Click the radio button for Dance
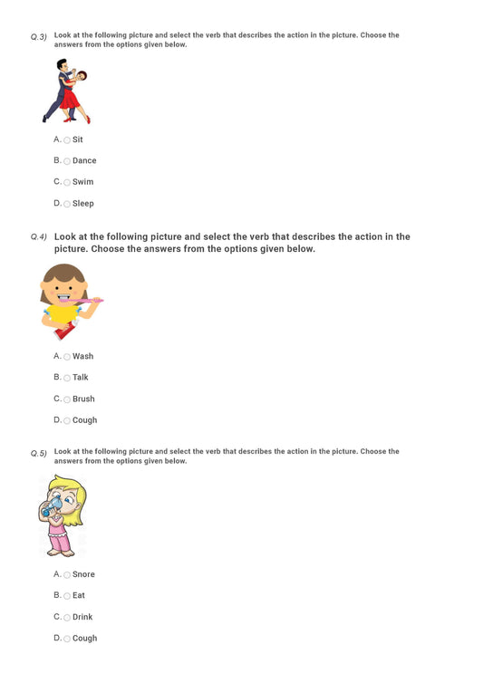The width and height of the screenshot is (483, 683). click(67, 161)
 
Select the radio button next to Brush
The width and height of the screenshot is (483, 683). click(67, 399)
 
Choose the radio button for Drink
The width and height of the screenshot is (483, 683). click(67, 618)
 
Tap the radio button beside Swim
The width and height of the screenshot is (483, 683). click(67, 183)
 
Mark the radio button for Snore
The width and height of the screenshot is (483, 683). click(67, 575)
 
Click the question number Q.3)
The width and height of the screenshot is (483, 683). click(38, 37)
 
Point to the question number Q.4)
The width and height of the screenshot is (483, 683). click(38, 237)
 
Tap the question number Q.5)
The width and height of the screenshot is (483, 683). click(38, 453)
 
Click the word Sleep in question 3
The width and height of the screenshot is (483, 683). click(82, 204)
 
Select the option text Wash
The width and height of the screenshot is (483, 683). click(82, 356)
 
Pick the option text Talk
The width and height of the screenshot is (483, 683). click(81, 378)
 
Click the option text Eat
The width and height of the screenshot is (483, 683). click(79, 596)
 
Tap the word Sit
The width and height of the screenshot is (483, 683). click(78, 139)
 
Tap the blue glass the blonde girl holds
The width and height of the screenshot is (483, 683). click(48, 509)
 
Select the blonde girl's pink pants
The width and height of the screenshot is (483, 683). click(62, 541)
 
